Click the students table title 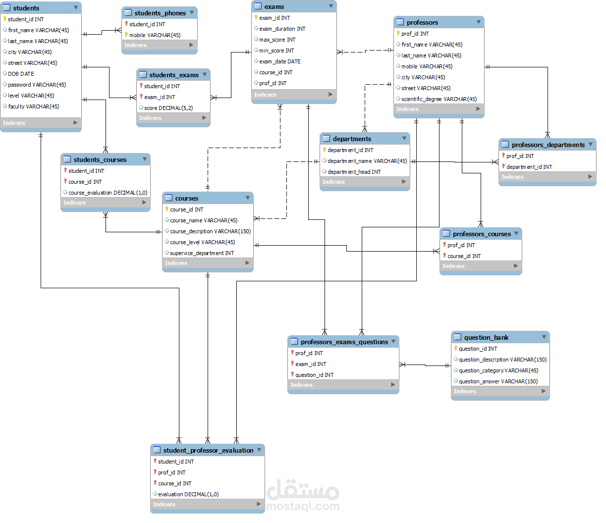26,8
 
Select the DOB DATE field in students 21,74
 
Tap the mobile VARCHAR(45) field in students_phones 155,35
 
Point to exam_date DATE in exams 279,61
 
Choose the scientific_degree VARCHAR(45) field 439,99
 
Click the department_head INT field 354,172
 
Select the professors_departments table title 548,145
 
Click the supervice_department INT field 202,253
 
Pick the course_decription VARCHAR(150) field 210,231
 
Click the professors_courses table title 482,234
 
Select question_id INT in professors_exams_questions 314,375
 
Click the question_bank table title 486,337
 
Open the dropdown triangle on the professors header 479,22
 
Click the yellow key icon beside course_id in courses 167,209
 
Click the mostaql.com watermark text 303,506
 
